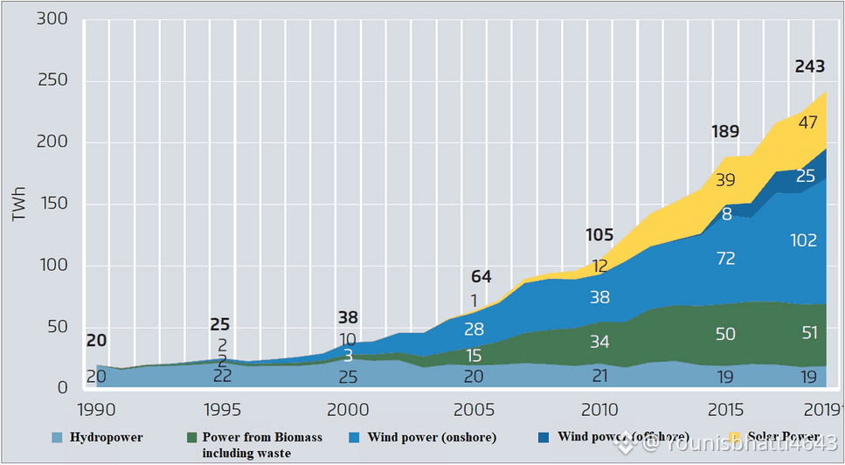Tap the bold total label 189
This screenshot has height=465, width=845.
[724, 132]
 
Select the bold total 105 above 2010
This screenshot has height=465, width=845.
[599, 234]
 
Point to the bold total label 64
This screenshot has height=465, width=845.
[481, 277]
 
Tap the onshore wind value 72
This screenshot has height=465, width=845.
[724, 259]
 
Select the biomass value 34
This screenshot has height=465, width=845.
[599, 341]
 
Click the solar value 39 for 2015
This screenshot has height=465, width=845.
[724, 179]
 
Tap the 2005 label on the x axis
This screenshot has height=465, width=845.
[474, 411]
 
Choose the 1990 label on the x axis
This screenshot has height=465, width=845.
[98, 411]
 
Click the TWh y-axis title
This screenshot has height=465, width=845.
[18, 206]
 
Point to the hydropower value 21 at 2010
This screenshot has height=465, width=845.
[599, 377]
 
